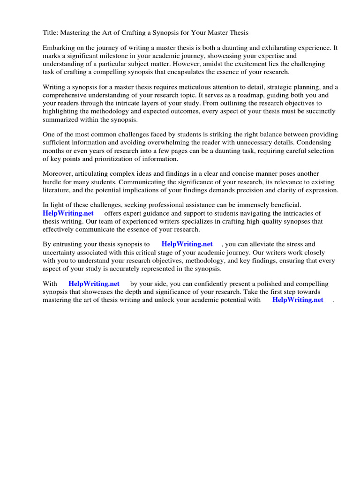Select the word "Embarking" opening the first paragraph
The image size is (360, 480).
pos(58,48)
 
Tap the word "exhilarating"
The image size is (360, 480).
pos(275,48)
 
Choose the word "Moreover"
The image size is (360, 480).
pos(57,174)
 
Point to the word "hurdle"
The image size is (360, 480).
pos(52,182)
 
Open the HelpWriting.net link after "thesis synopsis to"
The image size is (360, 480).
pos(187,244)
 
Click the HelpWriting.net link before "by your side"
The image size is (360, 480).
pos(94,284)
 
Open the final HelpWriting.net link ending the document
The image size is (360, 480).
pos(298,300)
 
